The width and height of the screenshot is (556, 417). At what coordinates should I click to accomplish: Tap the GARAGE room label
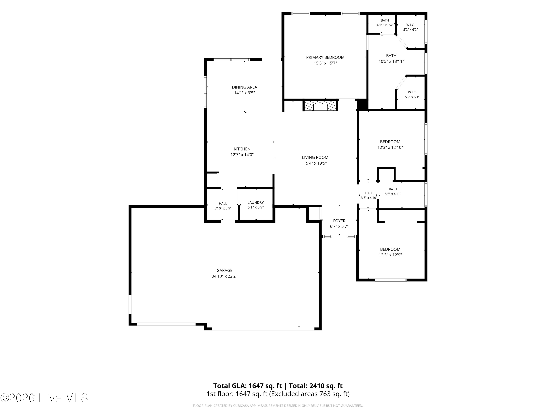(x=224, y=270)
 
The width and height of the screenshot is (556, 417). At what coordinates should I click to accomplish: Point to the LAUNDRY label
(x=256, y=203)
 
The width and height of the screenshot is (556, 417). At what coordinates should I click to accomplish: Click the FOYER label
(x=339, y=221)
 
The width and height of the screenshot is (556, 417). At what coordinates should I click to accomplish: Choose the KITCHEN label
(x=242, y=149)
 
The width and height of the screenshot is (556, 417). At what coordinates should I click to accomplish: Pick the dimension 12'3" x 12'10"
(x=390, y=148)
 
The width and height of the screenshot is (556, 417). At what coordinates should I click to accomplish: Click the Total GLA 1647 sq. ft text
(x=248, y=386)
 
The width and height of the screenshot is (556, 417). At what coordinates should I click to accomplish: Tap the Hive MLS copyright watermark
(x=44, y=398)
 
